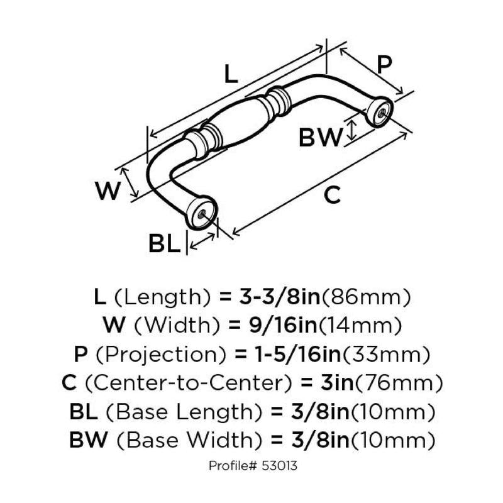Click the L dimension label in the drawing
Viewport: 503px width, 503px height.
click(x=231, y=75)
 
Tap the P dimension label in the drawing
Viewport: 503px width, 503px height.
click(x=384, y=65)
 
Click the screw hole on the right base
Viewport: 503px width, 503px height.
click(x=381, y=112)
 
